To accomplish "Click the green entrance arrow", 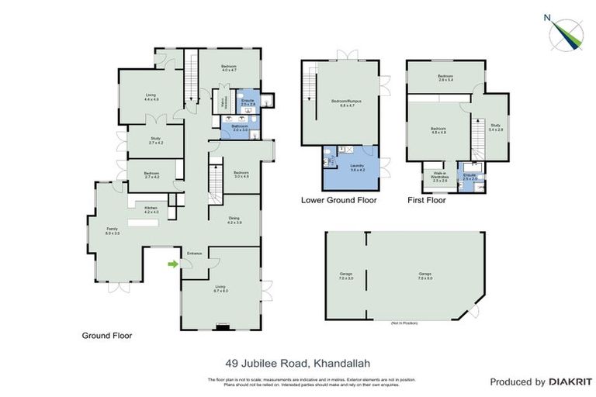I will [172, 264].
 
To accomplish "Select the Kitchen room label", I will [151, 209].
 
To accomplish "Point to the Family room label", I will [113, 231].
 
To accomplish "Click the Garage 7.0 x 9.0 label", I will [424, 275].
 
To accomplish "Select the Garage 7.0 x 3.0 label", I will [345, 275].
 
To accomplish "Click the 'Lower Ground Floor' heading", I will [338, 200].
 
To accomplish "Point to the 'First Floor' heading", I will [426, 200].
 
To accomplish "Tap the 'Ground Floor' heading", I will [107, 336].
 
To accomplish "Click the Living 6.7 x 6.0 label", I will [221, 289].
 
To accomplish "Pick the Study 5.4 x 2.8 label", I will [494, 128].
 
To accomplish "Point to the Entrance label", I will [194, 254].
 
